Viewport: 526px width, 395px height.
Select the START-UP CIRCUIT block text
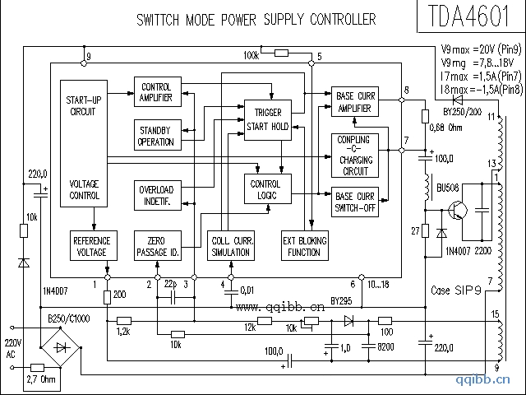[x=84, y=105]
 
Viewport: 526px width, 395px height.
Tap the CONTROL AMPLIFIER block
[x=156, y=92]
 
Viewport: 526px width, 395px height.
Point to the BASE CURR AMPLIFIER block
[x=355, y=101]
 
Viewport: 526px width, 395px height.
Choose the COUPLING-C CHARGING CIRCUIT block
[x=355, y=155]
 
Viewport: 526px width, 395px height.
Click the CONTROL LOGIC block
[x=265, y=190]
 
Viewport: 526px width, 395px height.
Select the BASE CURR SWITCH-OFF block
[x=355, y=202]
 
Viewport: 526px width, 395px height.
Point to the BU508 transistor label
[x=448, y=187]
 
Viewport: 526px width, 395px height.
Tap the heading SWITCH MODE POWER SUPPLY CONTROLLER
[x=256, y=19]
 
